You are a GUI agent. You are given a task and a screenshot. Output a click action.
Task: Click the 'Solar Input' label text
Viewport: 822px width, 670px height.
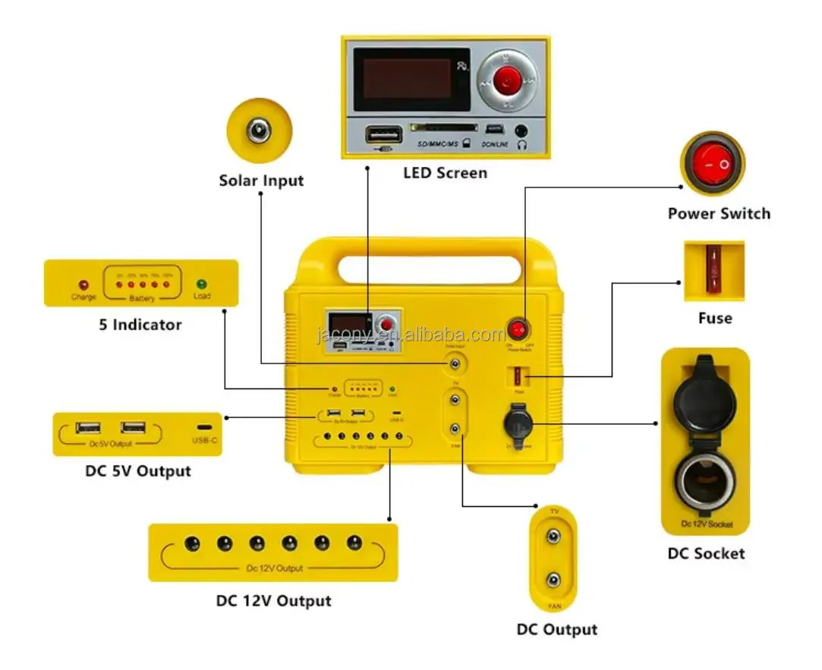coord(261,181)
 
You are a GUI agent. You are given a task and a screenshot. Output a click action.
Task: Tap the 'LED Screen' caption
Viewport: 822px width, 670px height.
coord(445,173)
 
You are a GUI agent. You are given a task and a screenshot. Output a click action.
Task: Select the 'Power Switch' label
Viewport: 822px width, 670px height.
coord(719,213)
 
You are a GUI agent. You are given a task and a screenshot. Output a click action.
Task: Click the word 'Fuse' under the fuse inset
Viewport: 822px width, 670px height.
coord(715,318)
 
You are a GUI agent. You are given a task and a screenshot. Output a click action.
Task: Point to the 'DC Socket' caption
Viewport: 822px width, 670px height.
coord(706,553)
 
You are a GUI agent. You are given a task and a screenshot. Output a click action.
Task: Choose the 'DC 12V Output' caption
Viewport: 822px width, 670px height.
coord(273,601)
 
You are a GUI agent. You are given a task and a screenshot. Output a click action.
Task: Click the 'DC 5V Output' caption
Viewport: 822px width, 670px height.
coord(138,470)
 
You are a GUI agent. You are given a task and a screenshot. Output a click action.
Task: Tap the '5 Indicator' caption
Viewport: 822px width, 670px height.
coord(140,325)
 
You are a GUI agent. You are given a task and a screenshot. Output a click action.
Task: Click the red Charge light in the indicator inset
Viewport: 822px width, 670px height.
coord(83,285)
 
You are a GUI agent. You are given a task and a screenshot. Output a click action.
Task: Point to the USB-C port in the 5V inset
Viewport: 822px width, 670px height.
coord(205,429)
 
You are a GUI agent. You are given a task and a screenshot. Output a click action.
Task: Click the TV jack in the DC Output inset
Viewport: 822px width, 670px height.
coord(555,536)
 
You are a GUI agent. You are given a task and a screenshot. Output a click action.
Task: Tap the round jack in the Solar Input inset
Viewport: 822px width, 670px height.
coord(260,131)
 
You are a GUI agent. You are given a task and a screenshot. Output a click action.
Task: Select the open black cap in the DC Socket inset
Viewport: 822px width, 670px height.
coord(705,395)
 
